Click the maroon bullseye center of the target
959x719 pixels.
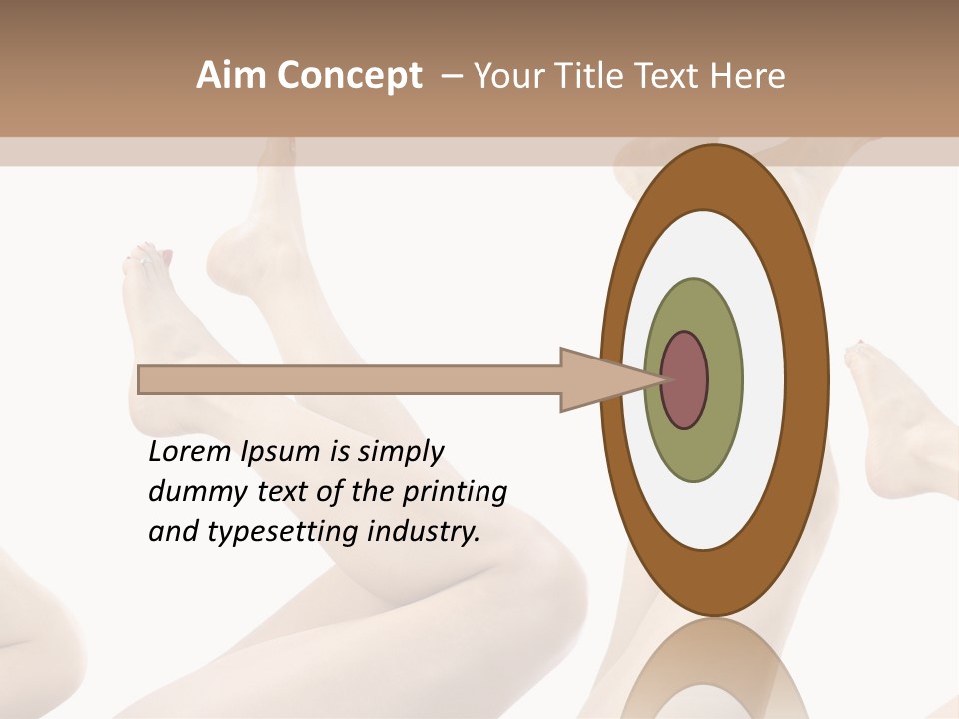(684, 380)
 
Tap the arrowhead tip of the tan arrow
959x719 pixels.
(663, 380)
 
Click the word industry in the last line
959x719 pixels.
(424, 532)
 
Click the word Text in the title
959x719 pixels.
(668, 76)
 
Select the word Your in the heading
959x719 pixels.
(506, 76)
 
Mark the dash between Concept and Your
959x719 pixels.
(452, 76)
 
